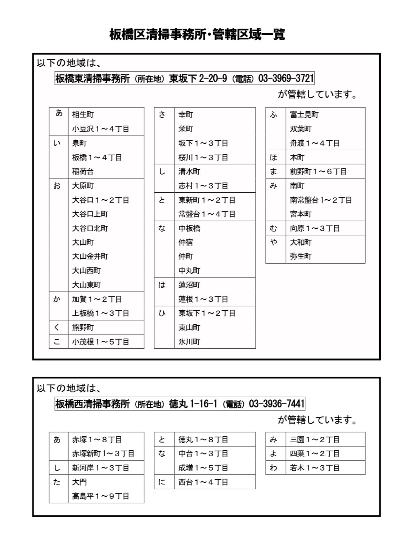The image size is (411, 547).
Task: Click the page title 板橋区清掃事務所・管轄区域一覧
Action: (x=197, y=35)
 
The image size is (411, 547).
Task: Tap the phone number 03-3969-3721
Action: (x=286, y=78)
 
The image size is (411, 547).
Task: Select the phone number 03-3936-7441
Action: (x=276, y=404)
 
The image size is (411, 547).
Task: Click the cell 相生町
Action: (x=83, y=114)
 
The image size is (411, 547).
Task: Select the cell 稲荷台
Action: (x=83, y=171)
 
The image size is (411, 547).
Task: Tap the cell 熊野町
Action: (x=83, y=327)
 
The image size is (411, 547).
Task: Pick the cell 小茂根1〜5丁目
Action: (x=101, y=342)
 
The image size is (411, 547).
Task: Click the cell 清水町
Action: (x=189, y=171)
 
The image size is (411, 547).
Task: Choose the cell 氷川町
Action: (x=189, y=342)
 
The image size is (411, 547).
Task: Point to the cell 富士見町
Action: (x=304, y=114)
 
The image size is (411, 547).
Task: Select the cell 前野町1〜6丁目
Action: (x=318, y=171)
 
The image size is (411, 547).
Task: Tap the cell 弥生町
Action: (x=301, y=256)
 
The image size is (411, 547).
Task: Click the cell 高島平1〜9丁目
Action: (x=101, y=496)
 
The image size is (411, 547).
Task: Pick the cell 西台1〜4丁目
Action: (x=203, y=482)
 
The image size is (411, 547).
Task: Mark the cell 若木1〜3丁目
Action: (x=315, y=468)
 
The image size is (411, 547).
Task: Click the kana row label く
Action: (x=57, y=327)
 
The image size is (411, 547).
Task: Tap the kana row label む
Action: (x=274, y=228)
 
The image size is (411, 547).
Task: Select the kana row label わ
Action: (x=274, y=468)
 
